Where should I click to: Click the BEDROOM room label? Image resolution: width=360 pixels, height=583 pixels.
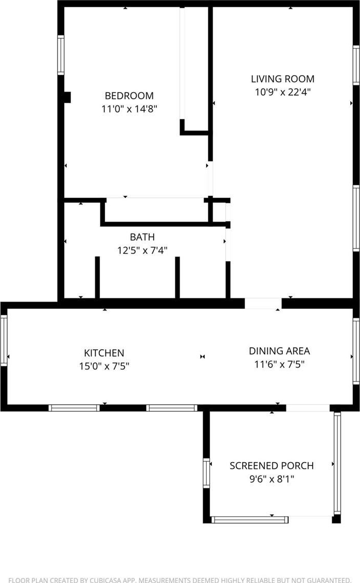point(129,96)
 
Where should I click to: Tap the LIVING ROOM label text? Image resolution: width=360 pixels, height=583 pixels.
point(283,79)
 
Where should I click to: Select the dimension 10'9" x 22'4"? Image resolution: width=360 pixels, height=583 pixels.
point(283,92)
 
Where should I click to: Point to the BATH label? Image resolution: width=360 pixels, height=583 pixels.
point(142,237)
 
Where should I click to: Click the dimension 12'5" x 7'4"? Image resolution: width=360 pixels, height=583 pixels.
point(142,250)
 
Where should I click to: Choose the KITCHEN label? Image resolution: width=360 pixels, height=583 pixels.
point(104,353)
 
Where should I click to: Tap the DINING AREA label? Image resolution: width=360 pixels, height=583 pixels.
point(279,351)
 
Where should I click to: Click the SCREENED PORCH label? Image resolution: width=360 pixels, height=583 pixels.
point(272,465)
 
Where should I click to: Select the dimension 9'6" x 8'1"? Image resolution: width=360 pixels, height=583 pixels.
point(272,479)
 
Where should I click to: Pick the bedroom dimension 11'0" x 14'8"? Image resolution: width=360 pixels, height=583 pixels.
point(129,109)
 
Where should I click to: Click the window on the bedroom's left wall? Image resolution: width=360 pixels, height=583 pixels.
point(61,55)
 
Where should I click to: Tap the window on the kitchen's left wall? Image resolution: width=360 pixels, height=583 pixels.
point(4,340)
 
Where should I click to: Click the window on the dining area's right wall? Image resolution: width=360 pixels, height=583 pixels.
point(356,351)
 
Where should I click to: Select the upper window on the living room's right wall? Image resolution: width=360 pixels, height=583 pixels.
point(356,65)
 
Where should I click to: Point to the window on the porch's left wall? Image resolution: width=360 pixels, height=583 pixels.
point(206,473)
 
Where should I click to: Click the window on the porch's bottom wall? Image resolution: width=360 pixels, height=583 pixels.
point(249,519)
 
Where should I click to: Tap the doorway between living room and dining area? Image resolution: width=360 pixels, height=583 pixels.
point(263,303)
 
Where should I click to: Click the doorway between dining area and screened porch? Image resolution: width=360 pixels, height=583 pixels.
point(308,408)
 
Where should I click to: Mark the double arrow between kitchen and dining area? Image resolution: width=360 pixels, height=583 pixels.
point(202,357)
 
